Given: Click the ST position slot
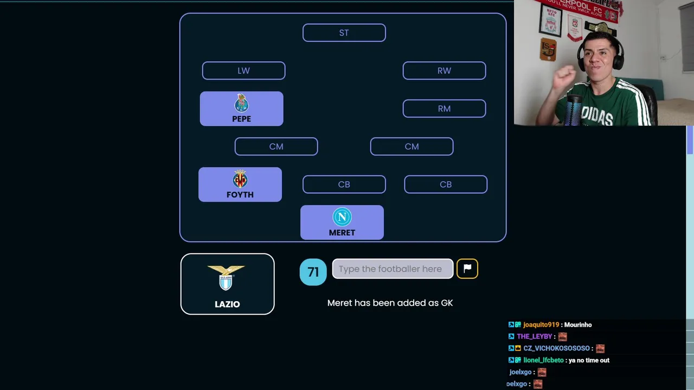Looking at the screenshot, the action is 344,32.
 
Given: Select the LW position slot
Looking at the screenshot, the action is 243,70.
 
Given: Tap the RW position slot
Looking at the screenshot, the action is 444,70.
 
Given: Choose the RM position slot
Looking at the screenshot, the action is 444,109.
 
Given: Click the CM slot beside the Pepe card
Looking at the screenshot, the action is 276,146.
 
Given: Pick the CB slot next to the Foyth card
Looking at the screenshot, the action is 344,185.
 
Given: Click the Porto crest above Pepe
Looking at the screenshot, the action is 241,103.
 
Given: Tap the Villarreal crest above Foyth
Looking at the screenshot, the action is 240,179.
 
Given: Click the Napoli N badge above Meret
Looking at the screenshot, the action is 342,217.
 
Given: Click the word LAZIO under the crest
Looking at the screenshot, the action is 227,304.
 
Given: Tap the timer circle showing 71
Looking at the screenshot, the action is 313,272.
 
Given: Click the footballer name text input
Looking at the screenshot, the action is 393,269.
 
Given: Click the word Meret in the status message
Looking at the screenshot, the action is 339,303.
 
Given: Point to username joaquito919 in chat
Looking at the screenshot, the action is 541,324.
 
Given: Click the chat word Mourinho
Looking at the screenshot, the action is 578,324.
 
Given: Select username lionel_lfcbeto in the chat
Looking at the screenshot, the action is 543,360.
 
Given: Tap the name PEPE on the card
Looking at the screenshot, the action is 241,119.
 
